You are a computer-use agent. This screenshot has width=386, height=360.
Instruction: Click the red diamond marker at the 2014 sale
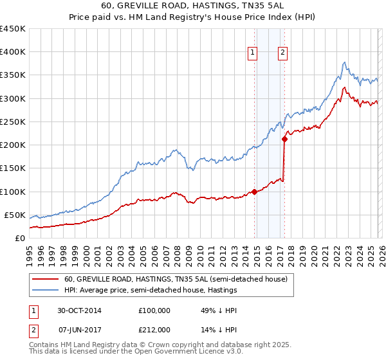click(x=255, y=192)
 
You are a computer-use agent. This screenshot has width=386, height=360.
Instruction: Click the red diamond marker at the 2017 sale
click(x=284, y=139)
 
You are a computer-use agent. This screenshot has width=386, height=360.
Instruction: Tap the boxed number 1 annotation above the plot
click(x=253, y=53)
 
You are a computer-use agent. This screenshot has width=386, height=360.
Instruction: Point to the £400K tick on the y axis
click(x=13, y=52)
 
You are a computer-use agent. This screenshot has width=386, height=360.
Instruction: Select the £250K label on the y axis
click(x=13, y=122)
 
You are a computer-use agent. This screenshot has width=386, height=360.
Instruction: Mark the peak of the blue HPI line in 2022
click(x=345, y=62)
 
